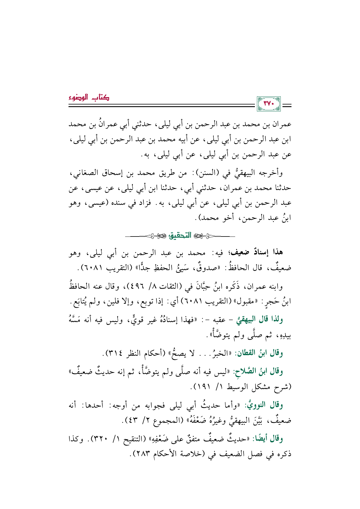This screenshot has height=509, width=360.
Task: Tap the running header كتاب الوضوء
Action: (x=89, y=98)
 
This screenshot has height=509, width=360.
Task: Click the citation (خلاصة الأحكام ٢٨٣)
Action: (x=171, y=454)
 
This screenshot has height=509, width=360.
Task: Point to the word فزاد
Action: (x=144, y=203)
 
